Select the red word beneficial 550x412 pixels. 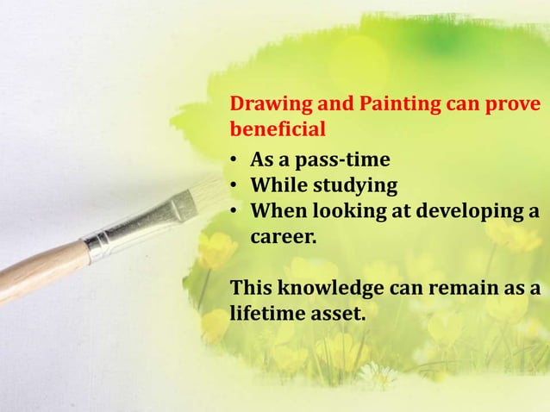click(278, 131)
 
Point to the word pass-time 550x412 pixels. click(342, 161)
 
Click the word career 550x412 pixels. click(284, 234)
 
